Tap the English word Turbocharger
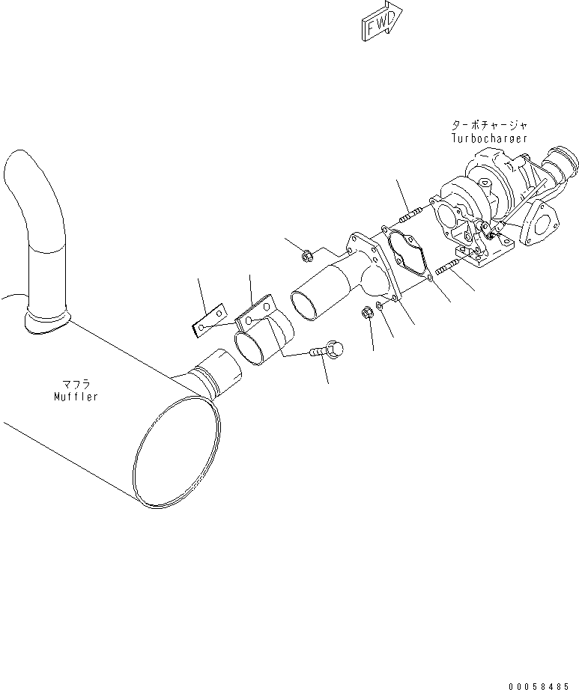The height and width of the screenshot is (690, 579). pos(489,138)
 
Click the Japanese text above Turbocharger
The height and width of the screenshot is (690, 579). pos(489,125)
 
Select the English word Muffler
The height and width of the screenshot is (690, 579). pos(76,396)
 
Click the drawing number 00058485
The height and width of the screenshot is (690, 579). pos(540,686)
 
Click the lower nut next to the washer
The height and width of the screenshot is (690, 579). pos(368,312)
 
